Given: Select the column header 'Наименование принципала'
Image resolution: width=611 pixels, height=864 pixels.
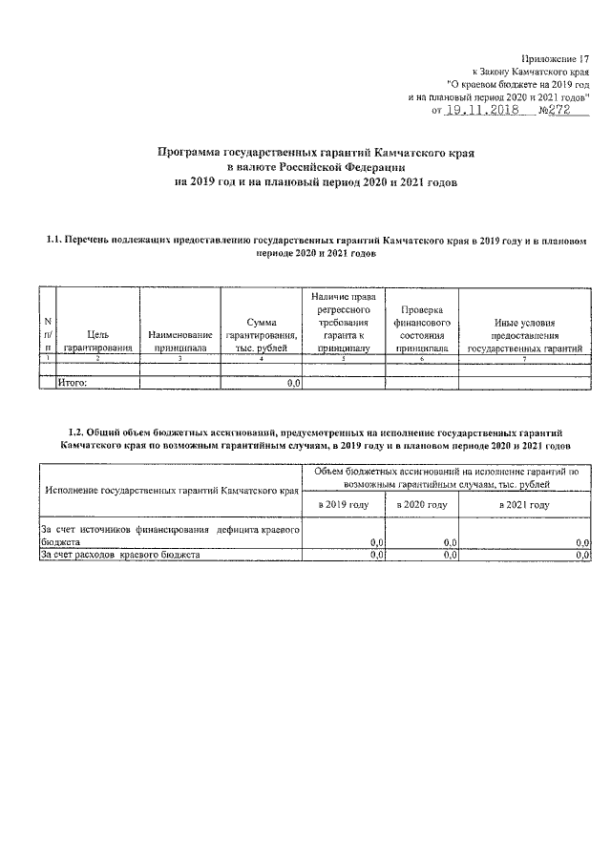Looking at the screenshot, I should coord(179,341).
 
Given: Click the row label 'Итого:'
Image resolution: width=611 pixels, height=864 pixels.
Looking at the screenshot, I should coord(74,383).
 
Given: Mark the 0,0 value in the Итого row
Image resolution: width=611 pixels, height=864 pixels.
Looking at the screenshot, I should coord(294,383).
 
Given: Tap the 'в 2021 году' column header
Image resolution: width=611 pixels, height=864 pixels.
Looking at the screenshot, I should coord(524,504).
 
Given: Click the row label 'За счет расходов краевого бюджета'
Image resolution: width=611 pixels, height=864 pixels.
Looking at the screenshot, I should coord(119,554).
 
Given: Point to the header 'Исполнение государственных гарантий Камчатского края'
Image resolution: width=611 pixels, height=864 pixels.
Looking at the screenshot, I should coord(167,491).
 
